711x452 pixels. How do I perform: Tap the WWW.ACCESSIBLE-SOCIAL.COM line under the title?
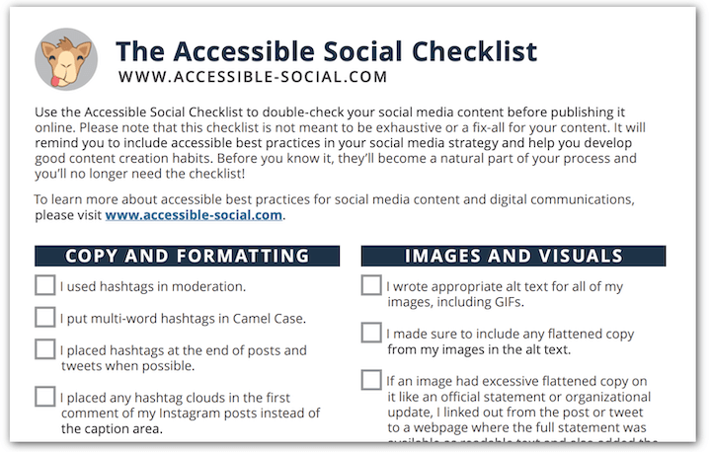(x=253, y=76)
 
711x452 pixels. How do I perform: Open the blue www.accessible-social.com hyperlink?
(x=194, y=214)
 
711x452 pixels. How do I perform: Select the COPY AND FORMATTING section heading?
(x=187, y=256)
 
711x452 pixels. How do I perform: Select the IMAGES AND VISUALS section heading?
(x=513, y=256)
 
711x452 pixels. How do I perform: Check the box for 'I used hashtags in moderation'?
(x=44, y=286)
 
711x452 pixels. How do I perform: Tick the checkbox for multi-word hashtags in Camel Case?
(x=44, y=318)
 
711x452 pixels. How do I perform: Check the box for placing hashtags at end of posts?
(x=44, y=349)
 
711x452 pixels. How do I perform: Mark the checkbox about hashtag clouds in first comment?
(x=44, y=397)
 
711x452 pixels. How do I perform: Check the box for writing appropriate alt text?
(x=371, y=286)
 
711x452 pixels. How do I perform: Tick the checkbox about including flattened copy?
(x=371, y=334)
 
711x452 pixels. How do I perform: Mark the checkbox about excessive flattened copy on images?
(x=371, y=381)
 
